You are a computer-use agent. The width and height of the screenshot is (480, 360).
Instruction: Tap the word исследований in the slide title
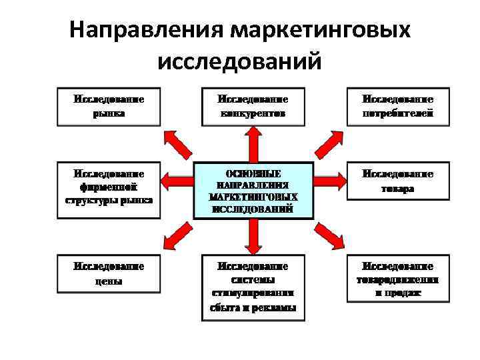240,61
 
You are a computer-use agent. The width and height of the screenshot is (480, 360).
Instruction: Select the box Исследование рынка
109,107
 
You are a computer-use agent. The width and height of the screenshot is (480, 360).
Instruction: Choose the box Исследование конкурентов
253,107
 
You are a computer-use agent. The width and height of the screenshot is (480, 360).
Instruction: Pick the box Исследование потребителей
397,107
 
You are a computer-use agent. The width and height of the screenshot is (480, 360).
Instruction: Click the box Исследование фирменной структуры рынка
109,190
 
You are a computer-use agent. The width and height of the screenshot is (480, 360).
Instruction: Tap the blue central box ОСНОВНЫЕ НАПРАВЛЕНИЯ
253,190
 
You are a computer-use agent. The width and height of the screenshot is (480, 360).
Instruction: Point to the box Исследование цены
109,273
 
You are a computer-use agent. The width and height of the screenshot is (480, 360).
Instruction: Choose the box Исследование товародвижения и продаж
397,279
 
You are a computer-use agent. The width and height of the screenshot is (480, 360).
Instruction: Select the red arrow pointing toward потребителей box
328,142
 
